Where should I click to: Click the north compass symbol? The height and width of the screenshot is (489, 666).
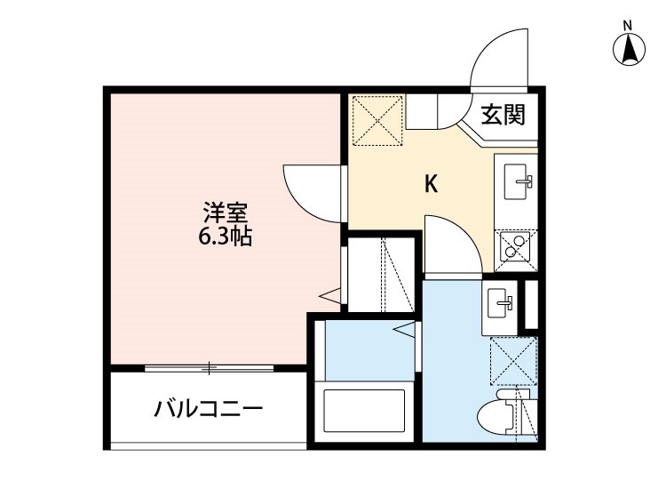click(629, 50)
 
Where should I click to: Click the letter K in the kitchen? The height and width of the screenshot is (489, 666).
click(432, 184)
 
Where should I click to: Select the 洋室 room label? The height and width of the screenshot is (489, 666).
click(225, 213)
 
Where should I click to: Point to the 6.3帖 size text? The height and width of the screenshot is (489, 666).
click(225, 237)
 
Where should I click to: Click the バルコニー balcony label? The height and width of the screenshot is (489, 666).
click(209, 409)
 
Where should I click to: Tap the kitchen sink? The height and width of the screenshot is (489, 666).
click(517, 182)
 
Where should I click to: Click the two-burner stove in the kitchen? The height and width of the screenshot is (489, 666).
click(514, 248)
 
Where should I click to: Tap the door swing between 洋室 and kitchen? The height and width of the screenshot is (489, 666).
click(311, 192)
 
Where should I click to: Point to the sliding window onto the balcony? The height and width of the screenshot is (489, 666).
click(209, 367)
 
